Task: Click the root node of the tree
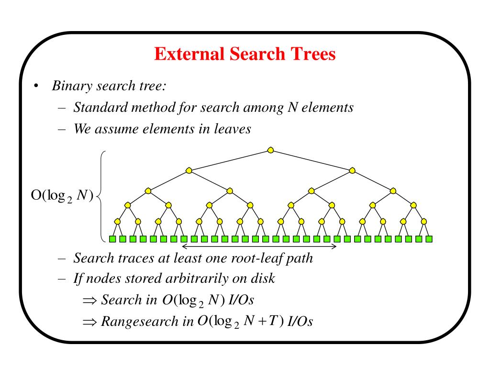tap(271, 150)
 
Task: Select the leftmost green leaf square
tap(113, 238)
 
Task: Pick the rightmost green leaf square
tap(429, 238)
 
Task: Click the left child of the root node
tap(189, 170)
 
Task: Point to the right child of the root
tap(353, 170)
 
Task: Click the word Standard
tap(97, 107)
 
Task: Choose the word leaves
tap(234, 129)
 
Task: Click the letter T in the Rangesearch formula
tap(272, 320)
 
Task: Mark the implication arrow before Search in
tap(89, 300)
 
